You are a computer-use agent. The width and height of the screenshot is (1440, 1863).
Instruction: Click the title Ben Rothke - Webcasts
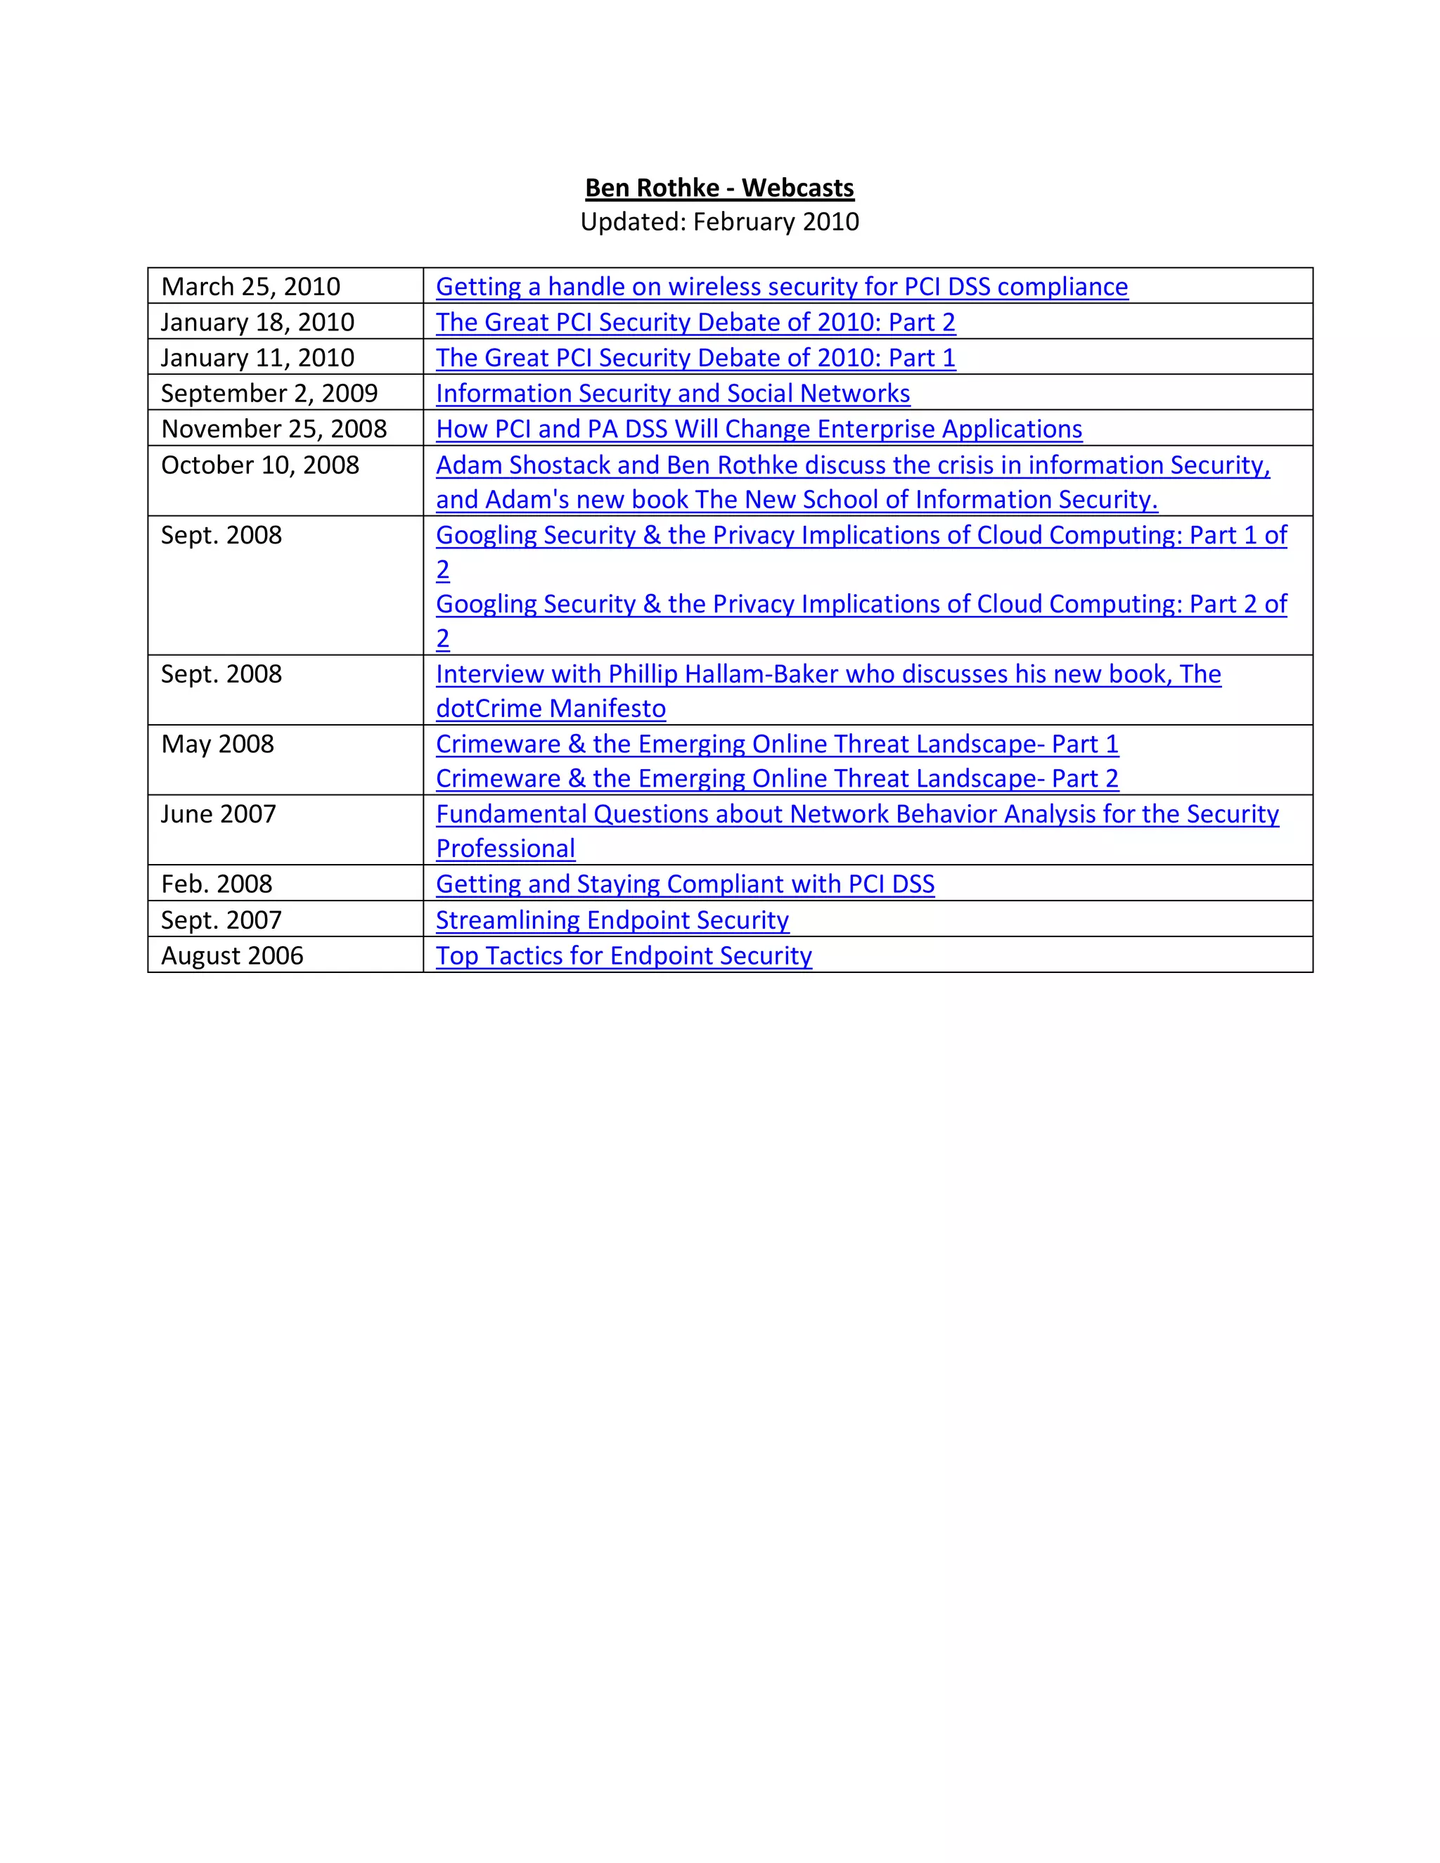[719, 188]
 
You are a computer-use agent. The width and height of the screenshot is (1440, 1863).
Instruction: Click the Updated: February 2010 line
[719, 221]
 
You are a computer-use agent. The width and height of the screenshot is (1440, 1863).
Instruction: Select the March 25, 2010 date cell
[251, 287]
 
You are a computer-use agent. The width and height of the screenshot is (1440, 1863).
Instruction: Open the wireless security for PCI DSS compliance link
[781, 287]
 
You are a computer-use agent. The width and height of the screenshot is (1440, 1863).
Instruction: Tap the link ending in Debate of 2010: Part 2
[695, 323]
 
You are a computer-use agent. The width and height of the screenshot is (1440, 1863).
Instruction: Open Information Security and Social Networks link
[672, 393]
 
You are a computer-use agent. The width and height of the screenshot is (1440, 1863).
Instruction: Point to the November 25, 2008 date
[274, 429]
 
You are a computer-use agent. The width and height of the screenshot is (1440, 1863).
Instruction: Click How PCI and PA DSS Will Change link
[759, 429]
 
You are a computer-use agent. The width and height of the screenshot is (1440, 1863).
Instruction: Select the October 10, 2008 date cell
[260, 465]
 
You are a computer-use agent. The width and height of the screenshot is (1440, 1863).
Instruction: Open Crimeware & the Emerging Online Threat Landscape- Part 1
[776, 744]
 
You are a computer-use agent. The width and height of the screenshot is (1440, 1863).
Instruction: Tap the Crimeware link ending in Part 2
[776, 779]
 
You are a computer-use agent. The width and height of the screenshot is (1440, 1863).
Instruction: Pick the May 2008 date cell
[217, 744]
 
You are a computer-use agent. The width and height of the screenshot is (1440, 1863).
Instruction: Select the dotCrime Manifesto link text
[551, 709]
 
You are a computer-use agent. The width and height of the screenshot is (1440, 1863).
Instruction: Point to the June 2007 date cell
[219, 814]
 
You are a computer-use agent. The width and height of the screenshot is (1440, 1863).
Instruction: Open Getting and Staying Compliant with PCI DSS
[685, 884]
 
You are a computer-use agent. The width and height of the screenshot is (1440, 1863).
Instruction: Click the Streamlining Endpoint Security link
[612, 920]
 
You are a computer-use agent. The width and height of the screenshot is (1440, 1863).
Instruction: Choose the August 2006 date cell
[232, 955]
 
